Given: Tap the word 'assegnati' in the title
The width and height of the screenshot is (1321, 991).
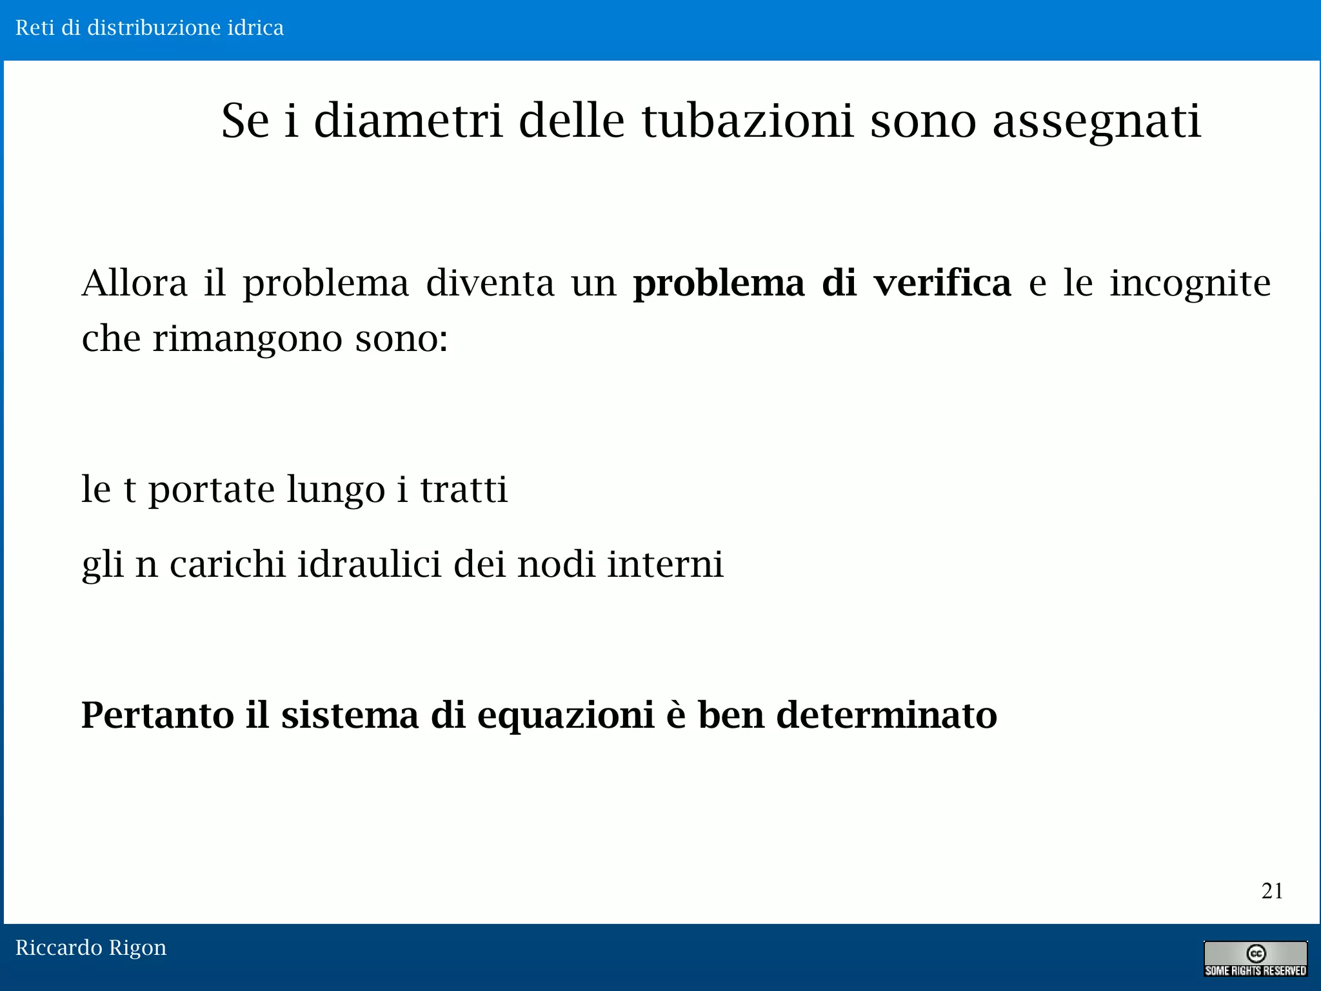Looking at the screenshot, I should [x=1097, y=123].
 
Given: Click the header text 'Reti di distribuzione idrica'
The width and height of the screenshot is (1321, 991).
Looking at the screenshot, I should [x=150, y=28].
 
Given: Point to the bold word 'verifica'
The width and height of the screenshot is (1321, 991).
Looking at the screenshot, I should [x=942, y=283].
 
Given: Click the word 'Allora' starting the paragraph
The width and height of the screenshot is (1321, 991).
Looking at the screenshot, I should [x=135, y=283].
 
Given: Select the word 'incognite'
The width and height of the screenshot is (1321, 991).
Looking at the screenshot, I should [x=1190, y=285].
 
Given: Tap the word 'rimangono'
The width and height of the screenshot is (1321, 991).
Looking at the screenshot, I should [x=248, y=339].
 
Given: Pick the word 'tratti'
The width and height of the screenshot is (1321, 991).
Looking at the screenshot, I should [x=464, y=490].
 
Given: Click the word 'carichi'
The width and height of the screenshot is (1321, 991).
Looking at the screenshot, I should [x=227, y=565].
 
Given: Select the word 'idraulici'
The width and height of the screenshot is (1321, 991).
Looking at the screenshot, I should [x=368, y=565].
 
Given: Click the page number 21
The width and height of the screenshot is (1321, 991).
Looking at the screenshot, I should [x=1272, y=891].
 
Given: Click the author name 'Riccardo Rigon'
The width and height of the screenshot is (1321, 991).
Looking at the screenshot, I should [x=91, y=948].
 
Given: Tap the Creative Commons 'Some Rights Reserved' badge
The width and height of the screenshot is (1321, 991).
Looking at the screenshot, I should [x=1255, y=959].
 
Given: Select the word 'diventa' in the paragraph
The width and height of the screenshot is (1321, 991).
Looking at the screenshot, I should [x=490, y=283].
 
